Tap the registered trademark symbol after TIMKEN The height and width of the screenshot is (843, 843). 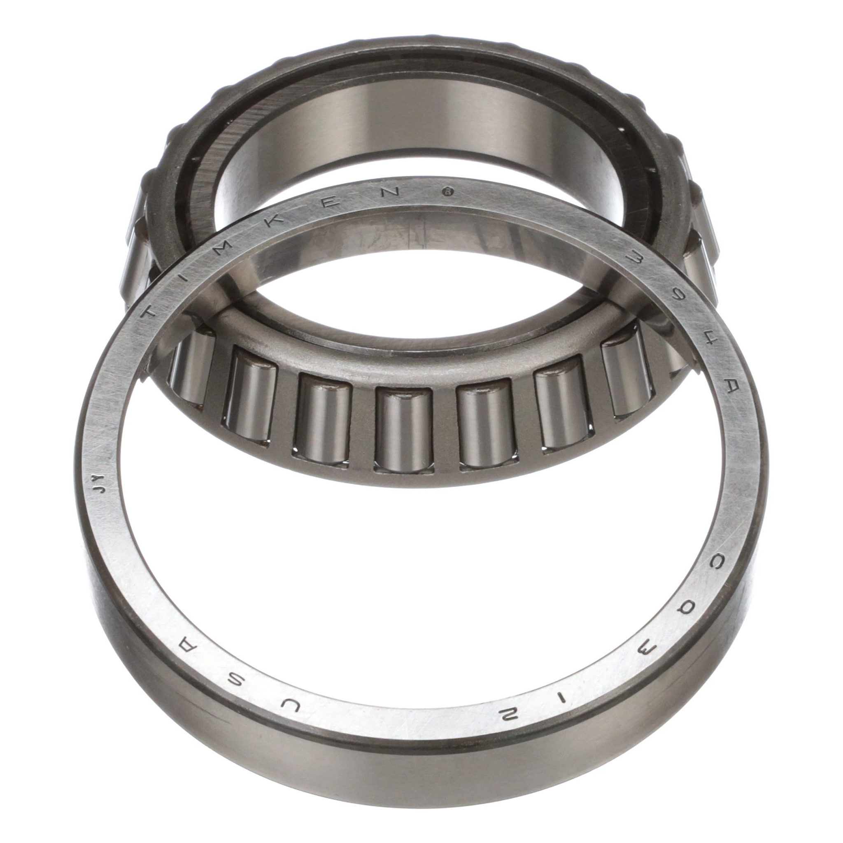(x=449, y=191)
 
